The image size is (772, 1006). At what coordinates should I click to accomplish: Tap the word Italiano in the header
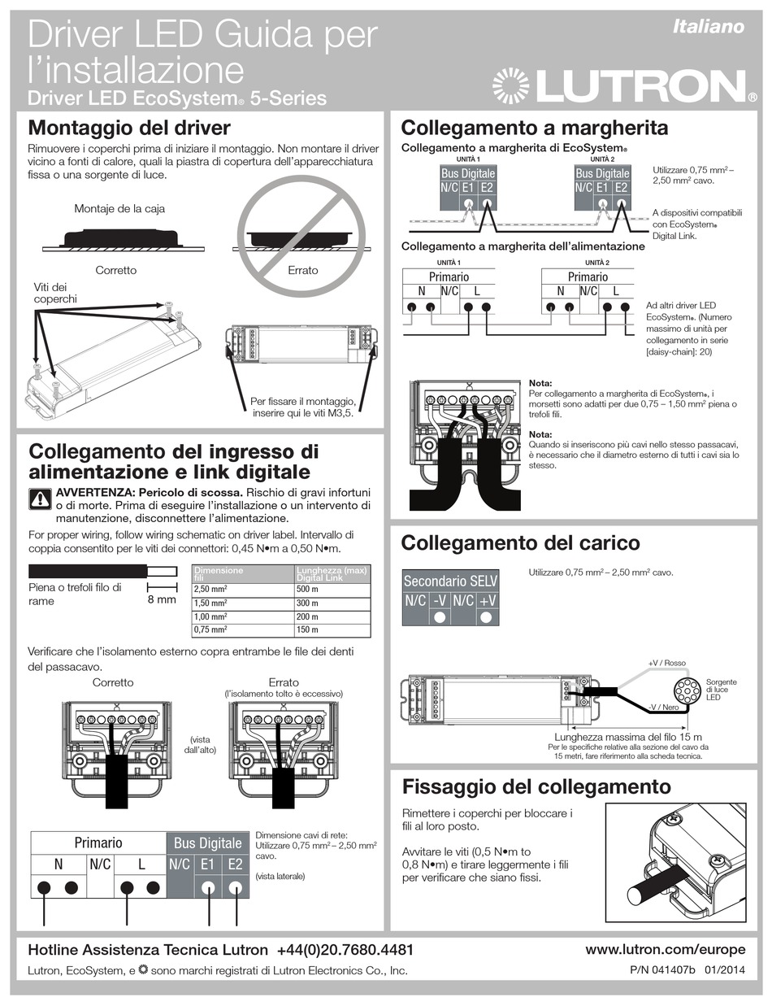click(709, 27)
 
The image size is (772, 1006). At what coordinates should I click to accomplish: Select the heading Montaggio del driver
click(129, 128)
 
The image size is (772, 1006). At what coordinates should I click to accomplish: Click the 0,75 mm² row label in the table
click(210, 629)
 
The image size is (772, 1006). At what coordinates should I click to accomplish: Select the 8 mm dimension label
click(162, 599)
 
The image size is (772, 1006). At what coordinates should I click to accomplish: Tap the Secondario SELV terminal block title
click(451, 581)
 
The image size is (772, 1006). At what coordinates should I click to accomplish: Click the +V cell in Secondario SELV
click(487, 601)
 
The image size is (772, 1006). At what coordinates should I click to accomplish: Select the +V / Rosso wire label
click(666, 663)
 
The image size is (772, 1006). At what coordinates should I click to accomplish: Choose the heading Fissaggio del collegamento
click(536, 786)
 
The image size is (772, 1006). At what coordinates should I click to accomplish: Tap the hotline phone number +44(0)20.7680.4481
click(345, 950)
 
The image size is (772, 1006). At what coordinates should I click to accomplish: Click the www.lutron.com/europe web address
click(665, 949)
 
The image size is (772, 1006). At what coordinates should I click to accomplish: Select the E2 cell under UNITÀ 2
click(621, 188)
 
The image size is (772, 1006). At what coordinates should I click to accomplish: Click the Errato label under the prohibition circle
click(303, 270)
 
